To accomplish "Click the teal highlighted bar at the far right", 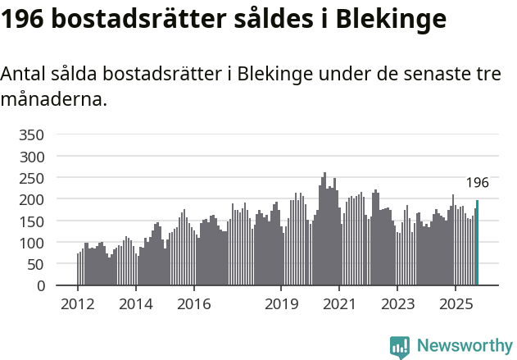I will (x=477, y=244).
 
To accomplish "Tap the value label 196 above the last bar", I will (x=477, y=183).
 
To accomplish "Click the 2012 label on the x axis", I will (x=78, y=304).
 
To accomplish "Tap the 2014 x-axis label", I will (x=135, y=304).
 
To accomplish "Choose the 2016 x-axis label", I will (x=193, y=304).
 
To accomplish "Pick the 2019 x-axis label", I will (x=281, y=304).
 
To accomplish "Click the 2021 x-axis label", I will (x=339, y=304).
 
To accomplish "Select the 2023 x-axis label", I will (x=397, y=304).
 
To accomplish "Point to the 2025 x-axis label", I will (x=455, y=304).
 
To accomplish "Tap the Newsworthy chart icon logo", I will (x=400, y=347).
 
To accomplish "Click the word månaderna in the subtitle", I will (x=53, y=100).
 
